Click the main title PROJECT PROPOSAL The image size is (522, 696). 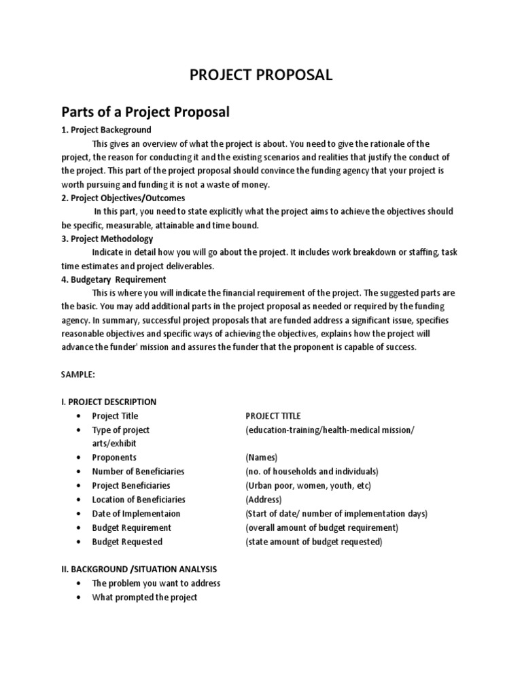click(261, 75)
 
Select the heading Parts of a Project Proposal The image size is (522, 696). click(145, 112)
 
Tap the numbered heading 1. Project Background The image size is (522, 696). click(106, 130)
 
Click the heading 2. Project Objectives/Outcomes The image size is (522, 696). click(123, 198)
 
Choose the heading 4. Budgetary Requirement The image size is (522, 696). click(114, 279)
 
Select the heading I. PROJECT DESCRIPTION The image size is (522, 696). click(109, 402)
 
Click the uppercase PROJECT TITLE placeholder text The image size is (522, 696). click(273, 416)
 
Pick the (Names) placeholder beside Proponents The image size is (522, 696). click(261, 457)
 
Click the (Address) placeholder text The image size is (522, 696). click(264, 500)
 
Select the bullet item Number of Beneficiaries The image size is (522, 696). click(138, 472)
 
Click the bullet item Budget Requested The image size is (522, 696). click(127, 542)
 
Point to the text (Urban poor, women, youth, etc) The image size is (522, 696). click(308, 486)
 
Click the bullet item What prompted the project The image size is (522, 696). click(144, 597)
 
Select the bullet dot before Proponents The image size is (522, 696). click(80, 457)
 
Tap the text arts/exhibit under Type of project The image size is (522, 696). click(109, 443)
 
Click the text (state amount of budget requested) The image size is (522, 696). click(313, 542)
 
